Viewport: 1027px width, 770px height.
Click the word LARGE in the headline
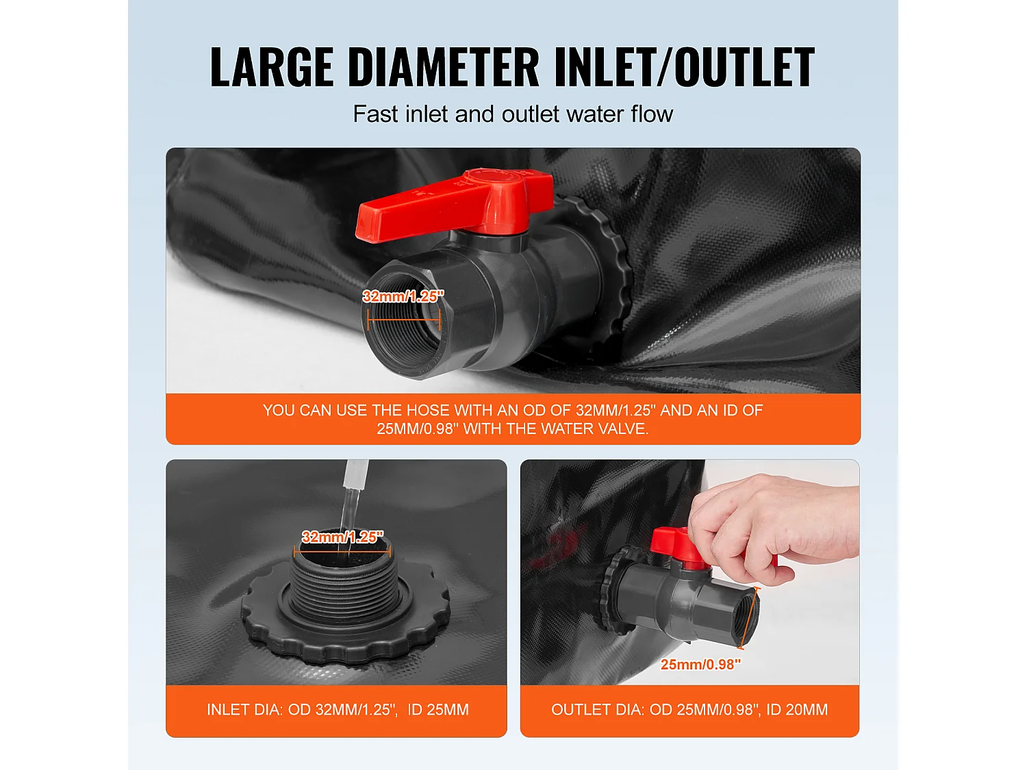pos(271,67)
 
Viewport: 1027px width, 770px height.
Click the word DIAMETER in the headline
pos(444,67)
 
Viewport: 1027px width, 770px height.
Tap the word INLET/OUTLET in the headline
pos(683,67)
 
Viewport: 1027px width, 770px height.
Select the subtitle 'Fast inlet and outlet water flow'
pos(513,114)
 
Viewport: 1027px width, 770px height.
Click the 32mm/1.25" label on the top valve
pos(403,296)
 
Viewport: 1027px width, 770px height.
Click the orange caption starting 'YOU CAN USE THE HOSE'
pos(513,419)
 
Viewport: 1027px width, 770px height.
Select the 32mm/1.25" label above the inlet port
pos(342,537)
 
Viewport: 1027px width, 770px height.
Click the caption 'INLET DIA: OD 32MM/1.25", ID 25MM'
pos(338,710)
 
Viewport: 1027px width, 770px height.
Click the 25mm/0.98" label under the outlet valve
pos(700,664)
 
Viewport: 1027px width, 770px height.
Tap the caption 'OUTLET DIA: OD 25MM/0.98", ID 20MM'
pos(689,710)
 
